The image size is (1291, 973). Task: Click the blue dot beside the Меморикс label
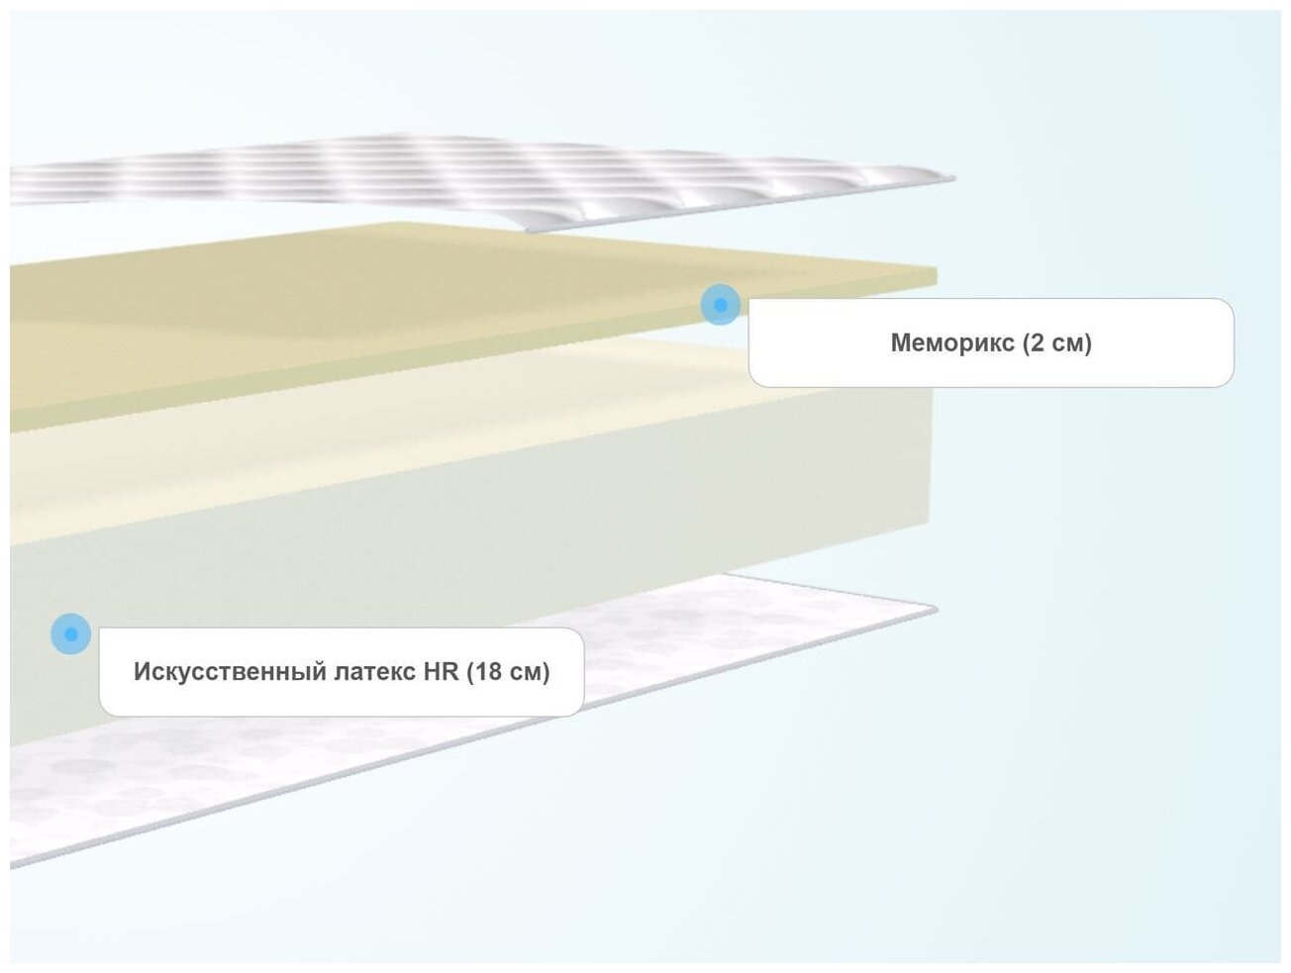click(720, 304)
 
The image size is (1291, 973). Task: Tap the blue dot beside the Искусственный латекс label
click(70, 633)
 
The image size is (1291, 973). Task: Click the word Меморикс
click(952, 343)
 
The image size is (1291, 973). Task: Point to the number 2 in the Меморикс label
click(1037, 343)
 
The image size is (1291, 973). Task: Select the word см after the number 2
click(1066, 343)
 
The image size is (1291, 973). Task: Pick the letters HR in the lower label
click(442, 672)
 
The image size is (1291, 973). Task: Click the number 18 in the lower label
click(489, 672)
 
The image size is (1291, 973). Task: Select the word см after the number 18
click(524, 672)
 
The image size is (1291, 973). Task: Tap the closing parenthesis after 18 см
click(546, 672)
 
